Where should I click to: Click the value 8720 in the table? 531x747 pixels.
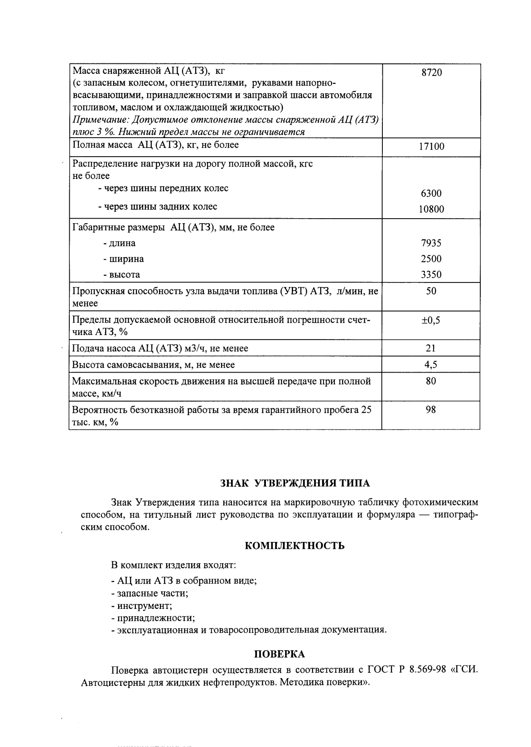pyautogui.click(x=431, y=73)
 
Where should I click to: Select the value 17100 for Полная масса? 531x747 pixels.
pyautogui.click(x=431, y=146)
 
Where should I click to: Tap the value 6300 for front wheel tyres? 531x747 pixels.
pyautogui.click(x=431, y=193)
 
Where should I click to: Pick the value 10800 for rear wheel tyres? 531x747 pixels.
pyautogui.click(x=431, y=209)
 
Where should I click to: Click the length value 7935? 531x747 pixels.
pyautogui.click(x=431, y=243)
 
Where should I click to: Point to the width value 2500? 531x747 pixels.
pyautogui.click(x=431, y=259)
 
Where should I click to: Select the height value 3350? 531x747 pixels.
pyautogui.click(x=431, y=275)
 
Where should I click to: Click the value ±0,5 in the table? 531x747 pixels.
pyautogui.click(x=431, y=321)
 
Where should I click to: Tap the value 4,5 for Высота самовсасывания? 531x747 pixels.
pyautogui.click(x=431, y=364)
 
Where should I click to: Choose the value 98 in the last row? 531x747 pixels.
pyautogui.click(x=431, y=410)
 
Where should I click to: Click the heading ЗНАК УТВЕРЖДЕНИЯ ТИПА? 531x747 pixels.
pyautogui.click(x=295, y=483)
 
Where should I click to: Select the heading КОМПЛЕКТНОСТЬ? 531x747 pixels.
pyautogui.click(x=295, y=546)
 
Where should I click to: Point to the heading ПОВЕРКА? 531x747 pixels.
pyautogui.click(x=279, y=654)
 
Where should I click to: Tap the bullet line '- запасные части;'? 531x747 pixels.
pyautogui.click(x=150, y=593)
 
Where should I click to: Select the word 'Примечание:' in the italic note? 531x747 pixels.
pyautogui.click(x=96, y=120)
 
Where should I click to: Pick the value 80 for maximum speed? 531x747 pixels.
pyautogui.click(x=431, y=381)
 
